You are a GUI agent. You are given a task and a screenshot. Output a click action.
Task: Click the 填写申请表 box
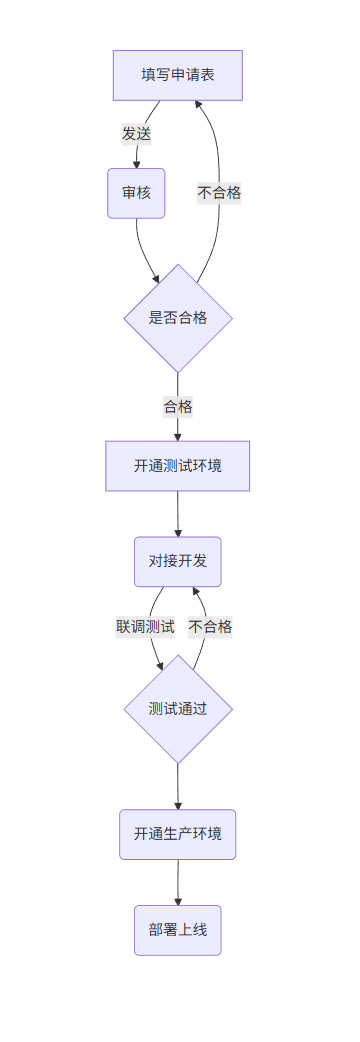[x=177, y=75]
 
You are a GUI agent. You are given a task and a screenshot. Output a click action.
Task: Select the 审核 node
[x=136, y=193]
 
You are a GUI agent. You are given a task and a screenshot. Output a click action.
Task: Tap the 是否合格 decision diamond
[x=178, y=318]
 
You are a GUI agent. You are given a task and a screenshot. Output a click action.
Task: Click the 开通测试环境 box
[x=178, y=466]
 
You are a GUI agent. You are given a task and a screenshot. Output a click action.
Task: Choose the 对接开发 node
[x=178, y=561]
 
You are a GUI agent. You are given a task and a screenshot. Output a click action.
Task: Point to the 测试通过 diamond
[x=178, y=708]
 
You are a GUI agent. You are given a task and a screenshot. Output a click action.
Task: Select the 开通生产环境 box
[x=178, y=834]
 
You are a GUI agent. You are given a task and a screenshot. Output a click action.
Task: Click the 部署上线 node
[x=178, y=930]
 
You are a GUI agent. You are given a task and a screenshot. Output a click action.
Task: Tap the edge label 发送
[x=137, y=134]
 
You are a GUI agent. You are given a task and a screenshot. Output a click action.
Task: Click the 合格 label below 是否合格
[x=178, y=406]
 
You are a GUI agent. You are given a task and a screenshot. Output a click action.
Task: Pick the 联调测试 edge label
[x=145, y=627]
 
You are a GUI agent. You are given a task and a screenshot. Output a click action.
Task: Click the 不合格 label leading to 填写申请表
[x=219, y=193]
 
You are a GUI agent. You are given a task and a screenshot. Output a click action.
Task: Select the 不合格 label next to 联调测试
[x=210, y=627]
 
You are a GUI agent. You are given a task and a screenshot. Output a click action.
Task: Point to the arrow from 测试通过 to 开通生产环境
[x=178, y=785]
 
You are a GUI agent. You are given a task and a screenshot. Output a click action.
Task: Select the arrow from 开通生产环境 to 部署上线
[x=178, y=882]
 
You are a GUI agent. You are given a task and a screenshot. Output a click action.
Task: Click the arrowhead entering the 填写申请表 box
[x=198, y=107]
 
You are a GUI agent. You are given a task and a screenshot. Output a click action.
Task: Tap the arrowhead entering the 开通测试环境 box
[x=178, y=435]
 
